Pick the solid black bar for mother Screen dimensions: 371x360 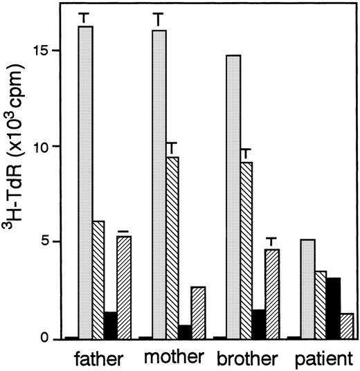point(184,332)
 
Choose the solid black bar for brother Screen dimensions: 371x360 point(258,324)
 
